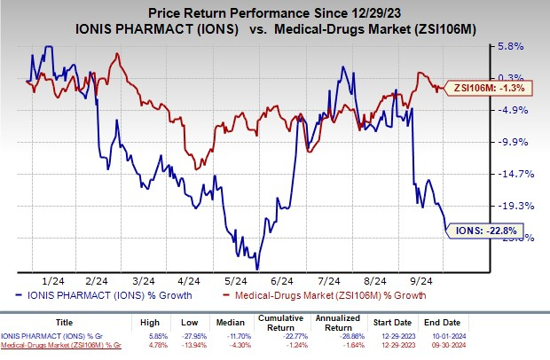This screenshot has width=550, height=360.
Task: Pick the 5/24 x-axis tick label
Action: coord(228,278)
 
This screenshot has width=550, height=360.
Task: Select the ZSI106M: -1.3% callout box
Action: coord(492,88)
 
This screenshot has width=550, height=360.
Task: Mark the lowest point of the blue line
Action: coord(257,269)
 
